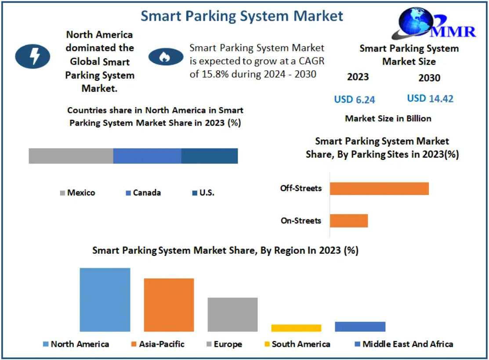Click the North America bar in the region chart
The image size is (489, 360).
point(105,299)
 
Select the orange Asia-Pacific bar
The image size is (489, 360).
point(169,305)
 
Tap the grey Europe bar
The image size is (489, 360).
point(232,314)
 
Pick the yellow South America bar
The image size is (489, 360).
point(296,328)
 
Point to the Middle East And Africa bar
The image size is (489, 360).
point(360,327)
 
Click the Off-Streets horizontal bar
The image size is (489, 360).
point(379,188)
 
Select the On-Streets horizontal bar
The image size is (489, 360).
point(348,220)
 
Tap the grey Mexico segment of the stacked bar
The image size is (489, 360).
point(71,156)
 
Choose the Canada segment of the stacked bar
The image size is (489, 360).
point(147,156)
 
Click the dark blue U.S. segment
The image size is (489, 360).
point(210,156)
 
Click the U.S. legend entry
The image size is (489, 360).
point(203,193)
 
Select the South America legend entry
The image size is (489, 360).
point(297,344)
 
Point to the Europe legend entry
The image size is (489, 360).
point(224,344)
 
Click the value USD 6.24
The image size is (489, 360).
point(355,100)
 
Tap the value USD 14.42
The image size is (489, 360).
point(430,98)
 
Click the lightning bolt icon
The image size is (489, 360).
point(33,56)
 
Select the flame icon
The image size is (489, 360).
point(166,57)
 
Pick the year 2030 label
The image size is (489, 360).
point(429,78)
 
